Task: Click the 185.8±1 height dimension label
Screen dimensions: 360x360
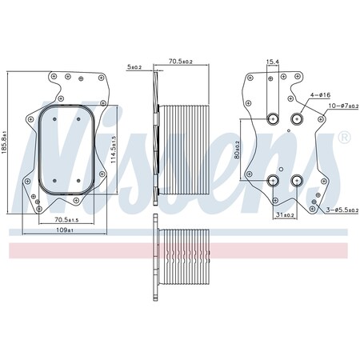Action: click(4, 142)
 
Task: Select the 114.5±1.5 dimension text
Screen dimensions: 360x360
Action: click(114, 150)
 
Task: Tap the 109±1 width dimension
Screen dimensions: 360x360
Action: click(65, 230)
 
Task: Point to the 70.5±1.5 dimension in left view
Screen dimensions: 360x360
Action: click(66, 220)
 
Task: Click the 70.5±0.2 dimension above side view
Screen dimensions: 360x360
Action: click(181, 61)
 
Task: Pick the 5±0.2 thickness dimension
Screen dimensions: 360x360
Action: click(134, 67)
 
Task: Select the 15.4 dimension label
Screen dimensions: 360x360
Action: click(273, 62)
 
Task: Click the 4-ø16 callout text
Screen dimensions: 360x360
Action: click(320, 94)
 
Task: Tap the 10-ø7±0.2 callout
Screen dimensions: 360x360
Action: click(343, 106)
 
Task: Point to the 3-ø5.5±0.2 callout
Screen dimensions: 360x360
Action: click(342, 210)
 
